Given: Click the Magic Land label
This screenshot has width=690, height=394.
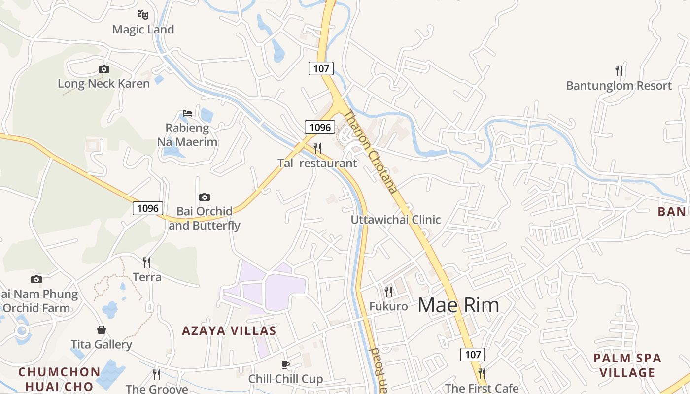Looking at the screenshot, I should (143, 30).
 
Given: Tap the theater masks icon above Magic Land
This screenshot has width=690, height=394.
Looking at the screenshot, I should (143, 14).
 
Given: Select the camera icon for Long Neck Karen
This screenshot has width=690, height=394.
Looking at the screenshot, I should (103, 69).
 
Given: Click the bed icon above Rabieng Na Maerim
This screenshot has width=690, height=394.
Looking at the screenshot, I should (187, 113).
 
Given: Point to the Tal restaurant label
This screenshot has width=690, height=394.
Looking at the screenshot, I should (317, 163).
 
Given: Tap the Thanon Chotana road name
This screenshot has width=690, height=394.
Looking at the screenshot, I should (370, 151).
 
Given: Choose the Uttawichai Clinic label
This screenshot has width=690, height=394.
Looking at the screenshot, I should (396, 220).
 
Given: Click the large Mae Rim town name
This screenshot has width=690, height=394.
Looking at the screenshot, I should (458, 305).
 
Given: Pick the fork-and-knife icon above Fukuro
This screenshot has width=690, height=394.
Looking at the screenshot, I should (388, 292).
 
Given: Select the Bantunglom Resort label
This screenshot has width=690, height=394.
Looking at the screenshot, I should (619, 86).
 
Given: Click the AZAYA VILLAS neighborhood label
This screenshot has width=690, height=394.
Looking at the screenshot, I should (229, 330).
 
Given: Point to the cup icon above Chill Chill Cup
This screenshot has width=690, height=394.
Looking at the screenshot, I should (285, 364).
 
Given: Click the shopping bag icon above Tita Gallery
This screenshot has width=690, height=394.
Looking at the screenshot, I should (102, 329).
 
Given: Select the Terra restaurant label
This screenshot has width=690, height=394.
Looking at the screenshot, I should (147, 277).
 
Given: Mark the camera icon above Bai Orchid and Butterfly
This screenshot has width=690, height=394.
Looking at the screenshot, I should (204, 197).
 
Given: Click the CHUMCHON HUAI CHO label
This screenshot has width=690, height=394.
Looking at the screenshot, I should (59, 379).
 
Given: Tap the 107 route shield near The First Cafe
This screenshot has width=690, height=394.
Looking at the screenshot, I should (473, 354).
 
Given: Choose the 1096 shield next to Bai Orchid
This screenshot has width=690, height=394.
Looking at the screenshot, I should (148, 208).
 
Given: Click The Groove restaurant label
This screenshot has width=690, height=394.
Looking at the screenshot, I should (157, 389).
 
